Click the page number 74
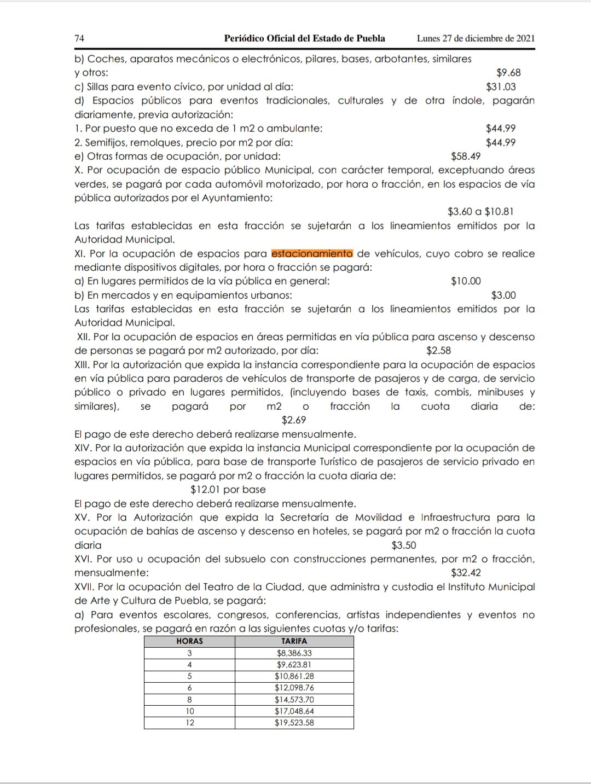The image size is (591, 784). click(79, 38)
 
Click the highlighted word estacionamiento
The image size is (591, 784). click(312, 254)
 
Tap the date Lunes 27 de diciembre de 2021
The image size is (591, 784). click(476, 38)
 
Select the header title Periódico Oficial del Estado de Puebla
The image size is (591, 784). click(304, 38)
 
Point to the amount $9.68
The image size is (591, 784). click(508, 73)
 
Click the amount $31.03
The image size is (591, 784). click(501, 86)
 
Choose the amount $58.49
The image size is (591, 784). click(466, 156)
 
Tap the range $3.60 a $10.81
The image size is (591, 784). click(480, 212)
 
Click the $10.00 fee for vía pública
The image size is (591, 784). click(466, 281)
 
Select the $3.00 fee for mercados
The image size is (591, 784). click(503, 295)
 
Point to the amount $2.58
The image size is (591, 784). click(439, 351)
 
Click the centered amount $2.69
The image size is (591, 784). click(294, 420)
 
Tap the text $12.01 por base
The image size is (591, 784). click(228, 490)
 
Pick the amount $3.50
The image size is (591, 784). click(404, 545)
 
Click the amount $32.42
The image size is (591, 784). click(466, 573)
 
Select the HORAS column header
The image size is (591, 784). click(189, 641)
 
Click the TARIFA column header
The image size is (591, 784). click(294, 641)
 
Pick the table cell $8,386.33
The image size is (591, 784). click(294, 653)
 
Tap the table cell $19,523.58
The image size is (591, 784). click(294, 723)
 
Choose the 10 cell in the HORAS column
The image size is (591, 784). click(189, 711)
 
